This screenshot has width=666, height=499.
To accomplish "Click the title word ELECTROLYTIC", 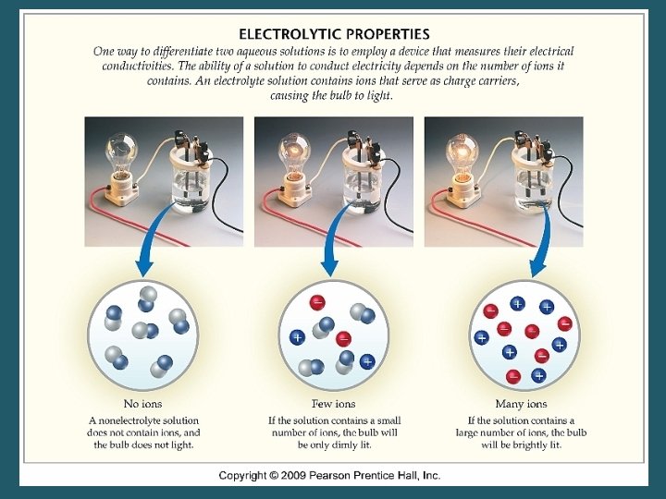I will [289, 34].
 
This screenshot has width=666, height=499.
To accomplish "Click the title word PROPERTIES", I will [388, 34].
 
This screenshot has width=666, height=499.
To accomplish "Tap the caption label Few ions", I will [332, 404].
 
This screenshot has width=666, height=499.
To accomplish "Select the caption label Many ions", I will [521, 404].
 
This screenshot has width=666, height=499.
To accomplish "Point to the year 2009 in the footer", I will [304, 476].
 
